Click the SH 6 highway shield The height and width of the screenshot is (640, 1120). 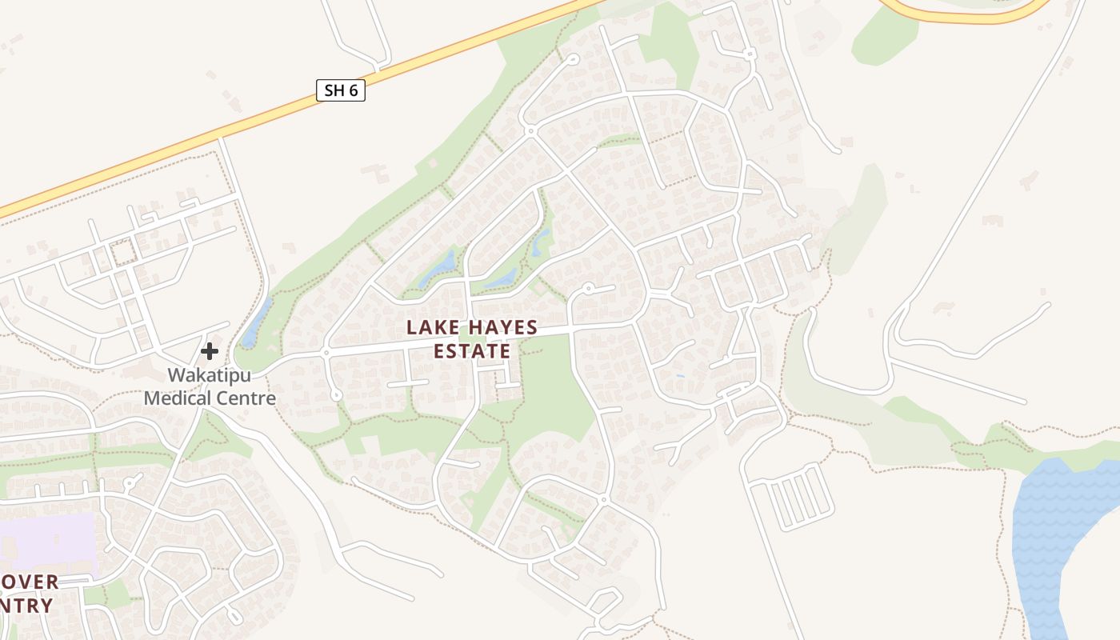(341, 90)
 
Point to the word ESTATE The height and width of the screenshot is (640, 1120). (472, 351)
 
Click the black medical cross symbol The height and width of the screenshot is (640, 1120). (210, 350)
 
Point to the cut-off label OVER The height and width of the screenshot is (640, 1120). (30, 582)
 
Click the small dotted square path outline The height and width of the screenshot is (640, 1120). (123, 253)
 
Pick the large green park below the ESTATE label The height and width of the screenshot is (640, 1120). (552, 400)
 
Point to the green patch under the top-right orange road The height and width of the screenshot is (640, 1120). (884, 36)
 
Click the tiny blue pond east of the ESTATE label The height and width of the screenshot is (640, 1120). (680, 375)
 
